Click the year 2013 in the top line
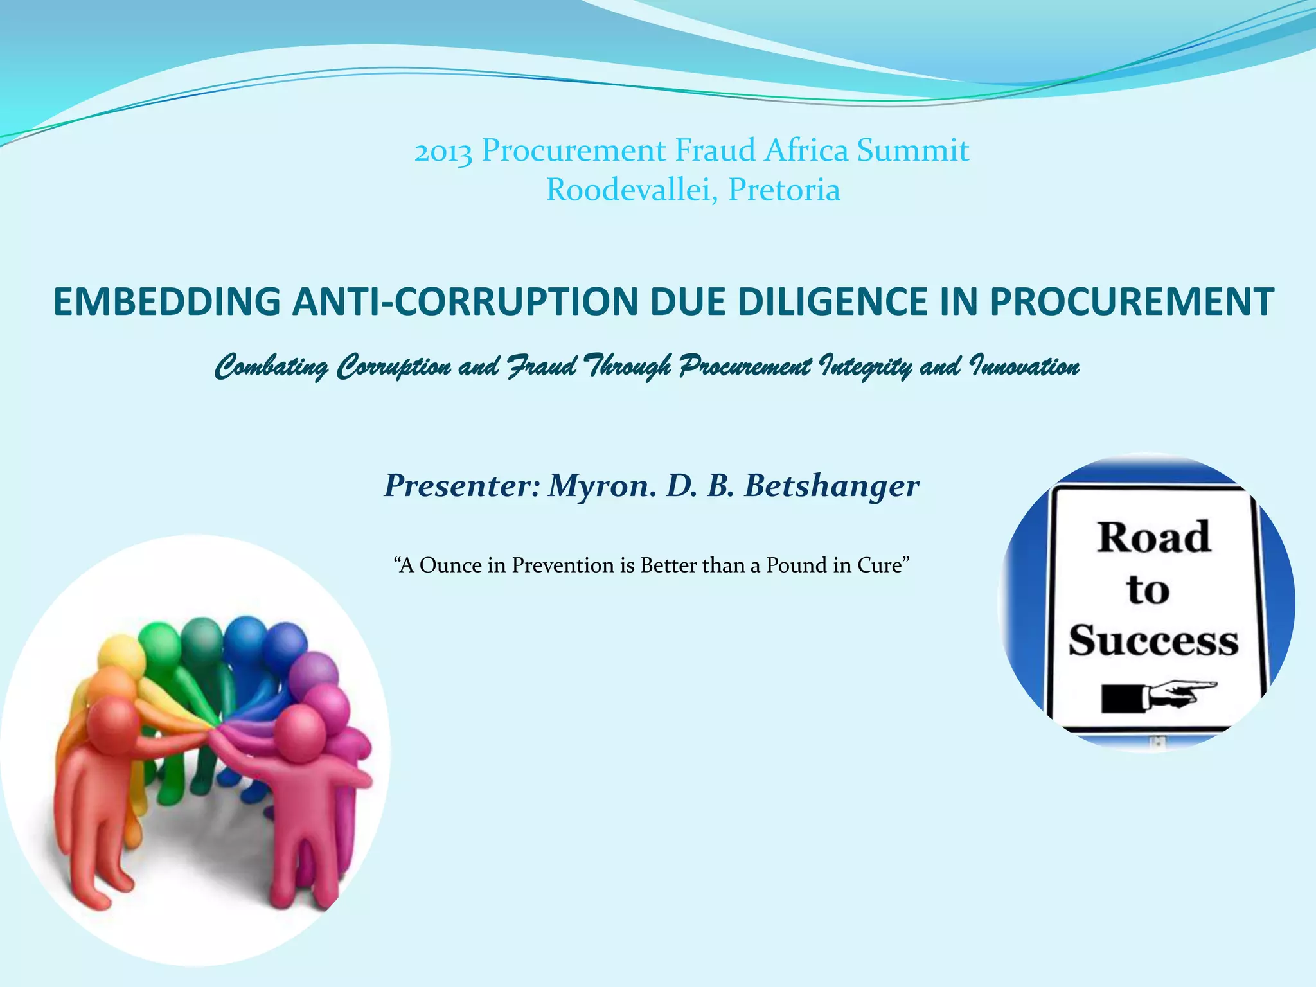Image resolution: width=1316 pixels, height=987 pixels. (x=443, y=152)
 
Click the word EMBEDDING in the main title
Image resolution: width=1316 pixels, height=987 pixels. (x=166, y=301)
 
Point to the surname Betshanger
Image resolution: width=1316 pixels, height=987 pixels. (x=831, y=486)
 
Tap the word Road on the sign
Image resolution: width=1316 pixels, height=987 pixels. (x=1153, y=537)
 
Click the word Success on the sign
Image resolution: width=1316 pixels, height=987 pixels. (x=1153, y=641)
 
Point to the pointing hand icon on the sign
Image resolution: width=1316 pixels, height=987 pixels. (x=1160, y=695)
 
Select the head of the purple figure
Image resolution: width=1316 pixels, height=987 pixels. (x=313, y=674)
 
